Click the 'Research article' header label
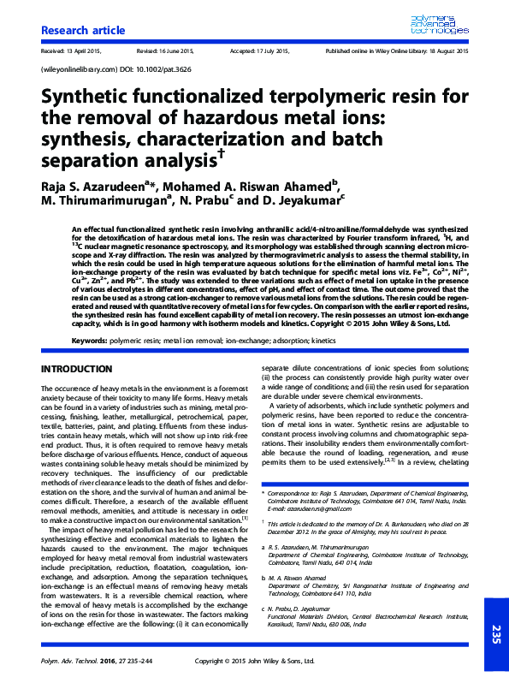click(x=77, y=31)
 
